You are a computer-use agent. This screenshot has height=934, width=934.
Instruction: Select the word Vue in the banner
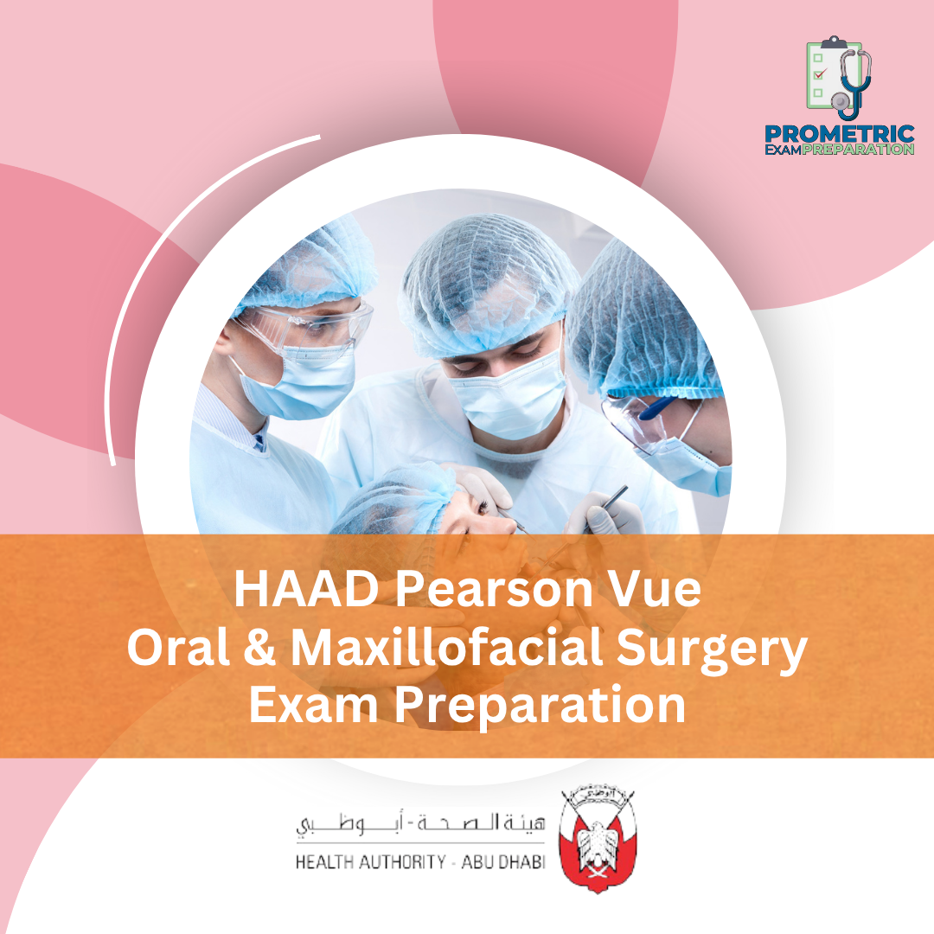pos(650,592)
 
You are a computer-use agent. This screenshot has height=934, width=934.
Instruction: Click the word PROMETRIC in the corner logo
pos(839,134)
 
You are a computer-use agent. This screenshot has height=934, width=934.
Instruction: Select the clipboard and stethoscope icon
pos(838,78)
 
